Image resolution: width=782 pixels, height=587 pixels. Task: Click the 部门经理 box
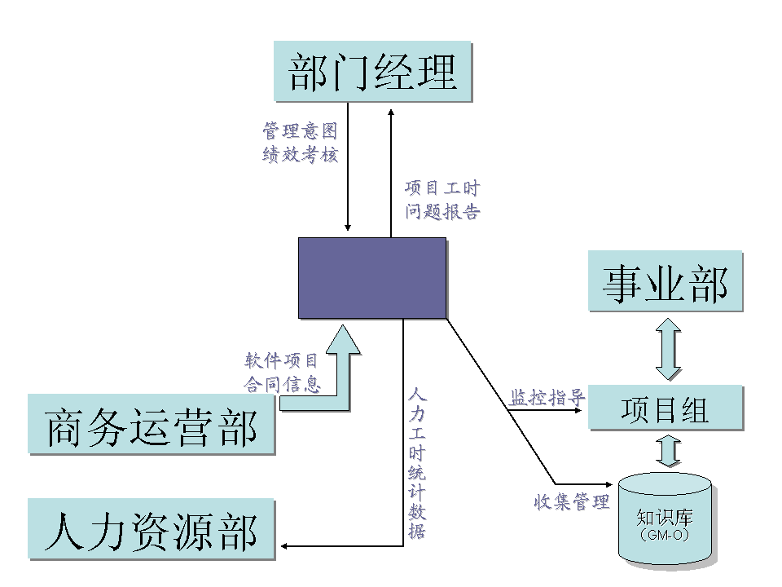click(373, 71)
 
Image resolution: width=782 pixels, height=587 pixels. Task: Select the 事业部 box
click(666, 280)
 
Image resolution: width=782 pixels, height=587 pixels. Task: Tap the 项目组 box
click(666, 407)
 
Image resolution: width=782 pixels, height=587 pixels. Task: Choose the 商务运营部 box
click(152, 424)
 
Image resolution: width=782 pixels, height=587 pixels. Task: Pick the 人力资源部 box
click(152, 529)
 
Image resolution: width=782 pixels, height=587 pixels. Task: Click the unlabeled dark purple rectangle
click(372, 277)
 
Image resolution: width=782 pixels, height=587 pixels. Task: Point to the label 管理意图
click(300, 130)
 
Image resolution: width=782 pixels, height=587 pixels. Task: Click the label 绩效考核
click(300, 154)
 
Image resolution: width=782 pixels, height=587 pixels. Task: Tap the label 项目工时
click(442, 188)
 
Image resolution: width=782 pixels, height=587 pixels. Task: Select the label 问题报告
click(442, 212)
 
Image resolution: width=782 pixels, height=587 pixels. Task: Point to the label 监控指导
click(547, 398)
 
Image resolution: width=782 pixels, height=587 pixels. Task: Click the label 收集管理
click(572, 502)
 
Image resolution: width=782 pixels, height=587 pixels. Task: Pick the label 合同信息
click(282, 384)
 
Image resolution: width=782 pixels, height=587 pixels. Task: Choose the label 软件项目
click(282, 360)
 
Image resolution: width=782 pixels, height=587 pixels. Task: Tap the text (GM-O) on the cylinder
click(665, 536)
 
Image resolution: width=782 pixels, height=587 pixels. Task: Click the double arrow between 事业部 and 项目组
click(668, 348)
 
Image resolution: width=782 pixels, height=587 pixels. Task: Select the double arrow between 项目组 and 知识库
click(668, 450)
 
